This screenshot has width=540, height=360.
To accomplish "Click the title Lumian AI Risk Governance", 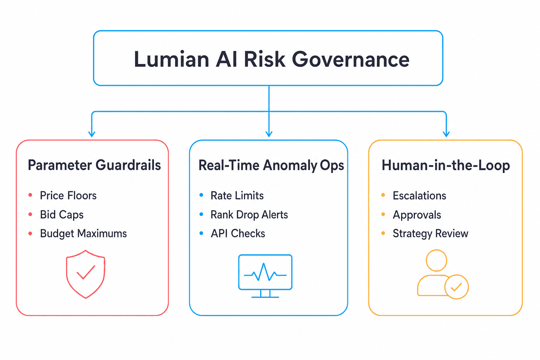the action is tap(272, 59).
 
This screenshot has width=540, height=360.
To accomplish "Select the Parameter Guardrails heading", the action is tap(94, 165).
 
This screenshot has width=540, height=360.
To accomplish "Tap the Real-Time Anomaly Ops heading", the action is tap(271, 166).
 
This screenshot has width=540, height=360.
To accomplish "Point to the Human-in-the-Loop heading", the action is tap(446, 166).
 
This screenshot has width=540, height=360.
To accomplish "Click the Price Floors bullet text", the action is tap(68, 195).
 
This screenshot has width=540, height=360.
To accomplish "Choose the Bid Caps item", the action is tap(62, 214).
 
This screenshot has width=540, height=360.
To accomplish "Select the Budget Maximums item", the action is tap(83, 233).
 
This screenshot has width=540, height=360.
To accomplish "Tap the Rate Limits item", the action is tap(237, 195).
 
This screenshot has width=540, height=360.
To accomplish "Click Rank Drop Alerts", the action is tap(249, 214).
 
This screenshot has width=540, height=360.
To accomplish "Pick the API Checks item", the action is tap(238, 233).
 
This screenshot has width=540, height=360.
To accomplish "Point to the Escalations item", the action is tap(419, 195).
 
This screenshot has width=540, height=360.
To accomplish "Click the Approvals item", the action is tap(417, 214).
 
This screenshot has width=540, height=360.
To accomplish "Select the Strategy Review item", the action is tap(431, 233).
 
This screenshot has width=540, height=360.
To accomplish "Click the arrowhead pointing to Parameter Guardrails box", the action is tap(92, 134).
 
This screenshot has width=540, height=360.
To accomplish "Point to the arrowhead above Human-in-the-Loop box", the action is tap(446, 134).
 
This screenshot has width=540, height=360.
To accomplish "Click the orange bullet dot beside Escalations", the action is tap(383, 195).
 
